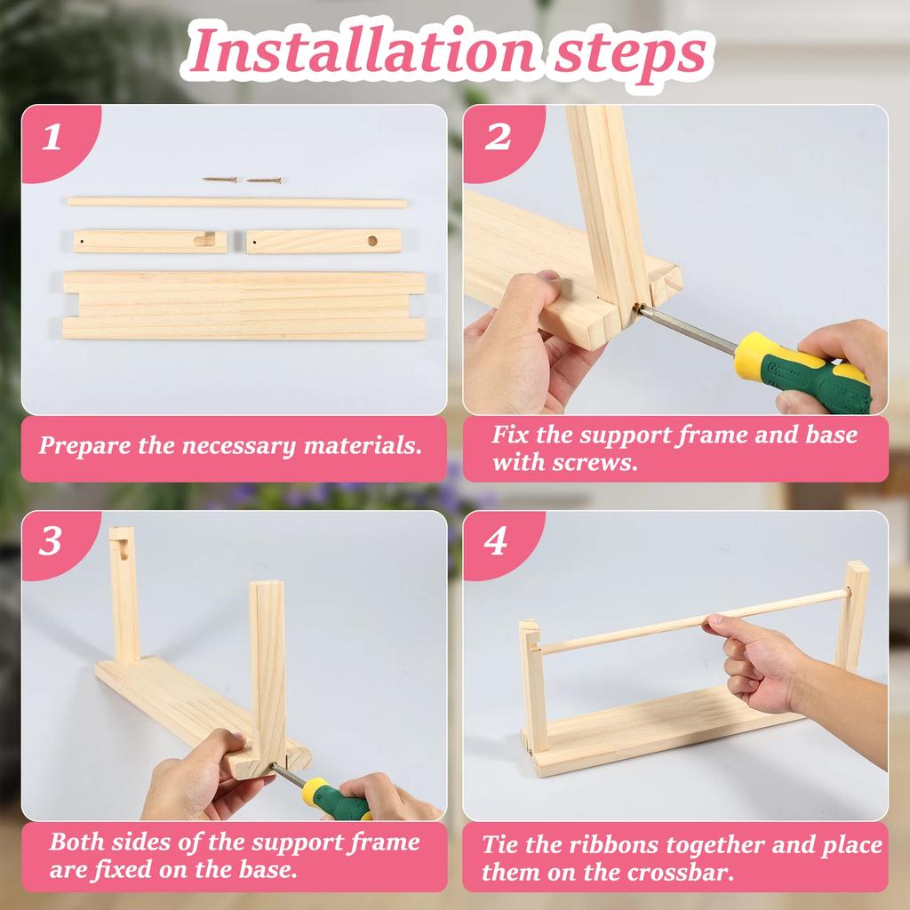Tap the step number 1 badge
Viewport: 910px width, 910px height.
[52, 138]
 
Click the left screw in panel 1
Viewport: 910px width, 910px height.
[220, 180]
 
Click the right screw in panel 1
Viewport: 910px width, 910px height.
[264, 180]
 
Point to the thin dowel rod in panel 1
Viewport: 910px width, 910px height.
[236, 203]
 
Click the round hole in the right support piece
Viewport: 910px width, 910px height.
[372, 240]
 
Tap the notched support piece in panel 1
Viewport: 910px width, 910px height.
[149, 241]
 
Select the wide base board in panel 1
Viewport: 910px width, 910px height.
[243, 305]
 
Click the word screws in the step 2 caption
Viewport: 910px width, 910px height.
[604, 462]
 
